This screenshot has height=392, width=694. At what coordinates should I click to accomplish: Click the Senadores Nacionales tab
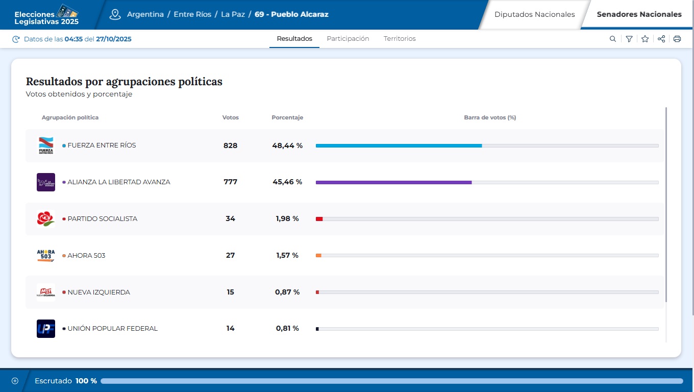point(639,14)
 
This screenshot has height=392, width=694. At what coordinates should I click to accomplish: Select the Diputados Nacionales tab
point(534,14)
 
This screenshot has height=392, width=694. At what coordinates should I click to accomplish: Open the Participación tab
point(348,39)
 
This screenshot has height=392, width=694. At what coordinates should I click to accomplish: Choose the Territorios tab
point(400,39)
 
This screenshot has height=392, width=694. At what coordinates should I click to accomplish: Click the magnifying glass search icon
point(613,39)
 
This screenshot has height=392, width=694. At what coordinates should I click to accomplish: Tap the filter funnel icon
point(629,39)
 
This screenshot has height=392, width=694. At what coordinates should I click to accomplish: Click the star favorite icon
point(645,39)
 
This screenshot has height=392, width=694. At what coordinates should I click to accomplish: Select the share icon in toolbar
point(661,39)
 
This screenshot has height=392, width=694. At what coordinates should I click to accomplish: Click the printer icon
point(677,39)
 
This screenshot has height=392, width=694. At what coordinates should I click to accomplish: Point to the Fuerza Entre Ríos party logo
point(46,145)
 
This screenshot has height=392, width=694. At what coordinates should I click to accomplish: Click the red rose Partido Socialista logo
point(46,218)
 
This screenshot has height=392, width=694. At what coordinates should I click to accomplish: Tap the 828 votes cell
point(230,145)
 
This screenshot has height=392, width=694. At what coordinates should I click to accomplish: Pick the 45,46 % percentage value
point(287,182)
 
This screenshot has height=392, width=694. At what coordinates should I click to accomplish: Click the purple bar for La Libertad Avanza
point(393,182)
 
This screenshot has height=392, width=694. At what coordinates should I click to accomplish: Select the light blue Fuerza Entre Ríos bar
point(399,145)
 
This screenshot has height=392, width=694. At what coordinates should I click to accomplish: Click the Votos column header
point(230,117)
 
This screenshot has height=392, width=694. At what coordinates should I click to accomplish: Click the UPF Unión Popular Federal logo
point(46,328)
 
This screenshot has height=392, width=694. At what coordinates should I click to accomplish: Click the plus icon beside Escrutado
point(15,381)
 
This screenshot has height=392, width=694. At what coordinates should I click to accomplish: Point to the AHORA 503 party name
point(86,255)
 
